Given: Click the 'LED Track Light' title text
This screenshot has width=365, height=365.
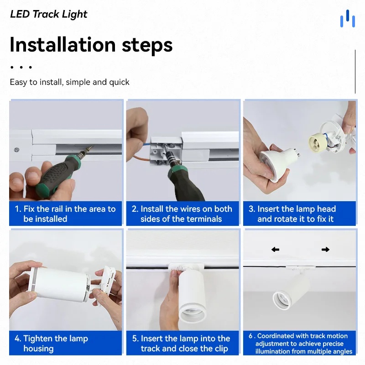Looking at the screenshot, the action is (49, 14).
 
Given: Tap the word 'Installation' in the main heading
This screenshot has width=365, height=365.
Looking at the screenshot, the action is (63, 44).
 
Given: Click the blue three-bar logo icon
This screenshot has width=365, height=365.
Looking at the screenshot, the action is (347, 18).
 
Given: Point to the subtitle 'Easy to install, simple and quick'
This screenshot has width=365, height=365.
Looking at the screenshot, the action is (69, 82).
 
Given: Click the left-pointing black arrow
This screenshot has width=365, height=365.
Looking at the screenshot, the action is (275, 250).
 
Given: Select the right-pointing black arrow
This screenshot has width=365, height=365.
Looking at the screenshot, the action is (325, 250).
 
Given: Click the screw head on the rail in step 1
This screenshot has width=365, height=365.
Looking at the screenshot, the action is (16, 150).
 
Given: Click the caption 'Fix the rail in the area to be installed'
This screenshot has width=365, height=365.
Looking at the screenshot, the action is (65, 214).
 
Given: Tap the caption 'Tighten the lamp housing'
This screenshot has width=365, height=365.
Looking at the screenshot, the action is (51, 344).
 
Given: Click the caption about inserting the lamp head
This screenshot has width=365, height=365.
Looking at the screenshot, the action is (292, 214).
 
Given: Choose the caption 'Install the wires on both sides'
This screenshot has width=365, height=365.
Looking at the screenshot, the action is (182, 214).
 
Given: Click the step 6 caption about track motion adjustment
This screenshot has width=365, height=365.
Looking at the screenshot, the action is (300, 344).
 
